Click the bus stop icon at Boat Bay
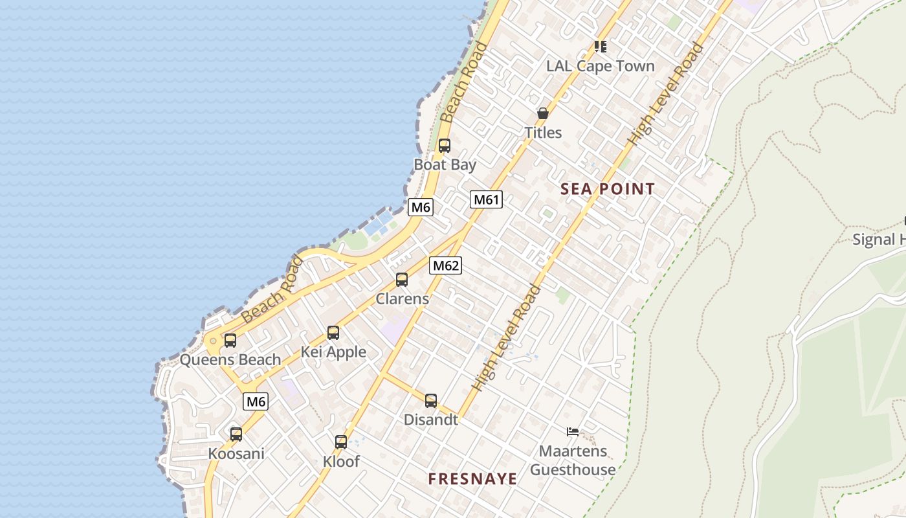(x=445, y=146)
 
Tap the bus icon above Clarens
(x=402, y=280)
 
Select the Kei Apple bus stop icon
(x=333, y=333)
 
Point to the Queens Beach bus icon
(x=230, y=341)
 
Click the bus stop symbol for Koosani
(x=236, y=434)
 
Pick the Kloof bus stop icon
(x=341, y=442)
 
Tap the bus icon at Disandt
(x=431, y=401)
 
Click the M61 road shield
(x=486, y=199)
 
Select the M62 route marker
(x=445, y=265)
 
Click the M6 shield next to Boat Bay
(x=421, y=207)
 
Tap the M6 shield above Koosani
(x=256, y=401)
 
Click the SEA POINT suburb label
(x=608, y=189)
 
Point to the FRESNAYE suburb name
(x=472, y=479)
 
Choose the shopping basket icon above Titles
(x=543, y=113)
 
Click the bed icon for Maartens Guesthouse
(x=573, y=432)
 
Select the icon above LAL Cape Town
(x=601, y=47)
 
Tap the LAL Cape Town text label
(x=601, y=66)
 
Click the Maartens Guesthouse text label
(x=573, y=460)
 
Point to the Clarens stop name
(x=403, y=299)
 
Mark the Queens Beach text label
(x=230, y=360)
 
